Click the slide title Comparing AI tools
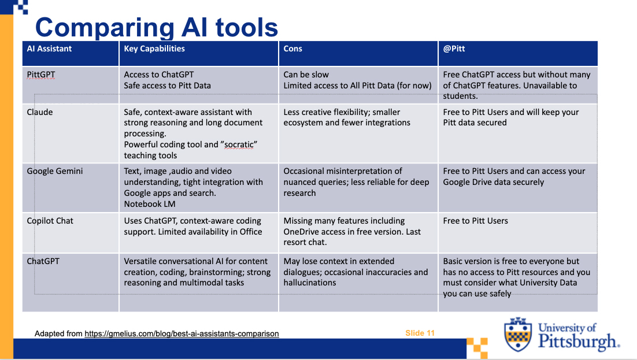tap(157, 28)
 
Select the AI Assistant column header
tap(49, 49)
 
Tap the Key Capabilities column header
tap(154, 49)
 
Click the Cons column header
tap(293, 49)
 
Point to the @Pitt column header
tap(454, 49)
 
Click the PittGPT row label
tap(41, 75)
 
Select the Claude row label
tap(40, 112)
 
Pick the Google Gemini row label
tap(55, 171)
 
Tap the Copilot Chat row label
tap(50, 221)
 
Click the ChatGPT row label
tap(43, 261)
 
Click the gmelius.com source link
tap(182, 333)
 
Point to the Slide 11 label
tap(420, 333)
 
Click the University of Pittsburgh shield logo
tap(518, 335)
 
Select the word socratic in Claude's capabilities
tap(239, 144)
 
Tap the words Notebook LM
tap(150, 204)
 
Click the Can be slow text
tap(306, 75)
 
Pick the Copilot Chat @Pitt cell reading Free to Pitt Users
tap(475, 221)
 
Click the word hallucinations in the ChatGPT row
tap(310, 283)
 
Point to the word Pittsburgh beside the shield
tap(577, 342)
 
